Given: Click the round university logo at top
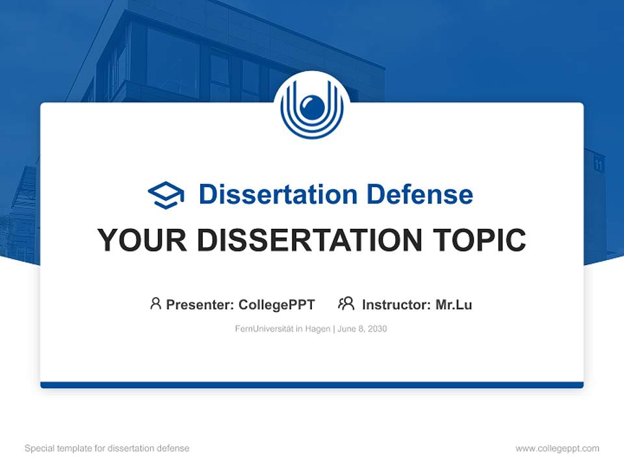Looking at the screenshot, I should pyautogui.click(x=312, y=107).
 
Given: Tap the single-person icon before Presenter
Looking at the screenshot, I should pyautogui.click(x=155, y=304).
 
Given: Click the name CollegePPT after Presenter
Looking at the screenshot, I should pyautogui.click(x=276, y=304).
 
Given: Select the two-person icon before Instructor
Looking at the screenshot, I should pyautogui.click(x=346, y=304).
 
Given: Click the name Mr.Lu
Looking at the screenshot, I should pyautogui.click(x=454, y=304).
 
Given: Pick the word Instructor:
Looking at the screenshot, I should pyautogui.click(x=396, y=304).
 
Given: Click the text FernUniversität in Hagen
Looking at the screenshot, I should pyautogui.click(x=283, y=329).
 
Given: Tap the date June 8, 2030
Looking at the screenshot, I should pyautogui.click(x=362, y=329).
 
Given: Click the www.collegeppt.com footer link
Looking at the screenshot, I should pyautogui.click(x=557, y=448).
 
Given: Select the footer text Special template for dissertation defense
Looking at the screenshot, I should pyautogui.click(x=107, y=448).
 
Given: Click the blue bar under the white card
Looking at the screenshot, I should pyautogui.click(x=312, y=385).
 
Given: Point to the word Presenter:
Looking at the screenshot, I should pyautogui.click(x=200, y=304).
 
